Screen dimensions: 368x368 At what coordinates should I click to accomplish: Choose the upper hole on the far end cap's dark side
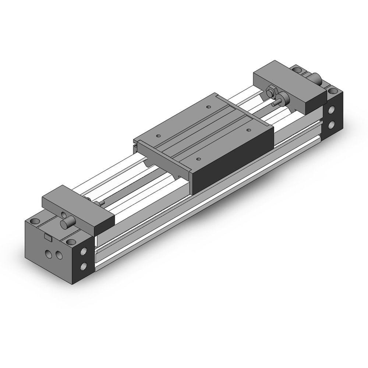(332, 110)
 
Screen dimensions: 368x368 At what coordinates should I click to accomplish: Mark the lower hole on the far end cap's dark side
(332, 125)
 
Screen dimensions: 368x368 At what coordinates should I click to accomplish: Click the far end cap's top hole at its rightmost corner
(333, 91)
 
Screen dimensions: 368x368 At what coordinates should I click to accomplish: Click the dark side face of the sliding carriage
(232, 162)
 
